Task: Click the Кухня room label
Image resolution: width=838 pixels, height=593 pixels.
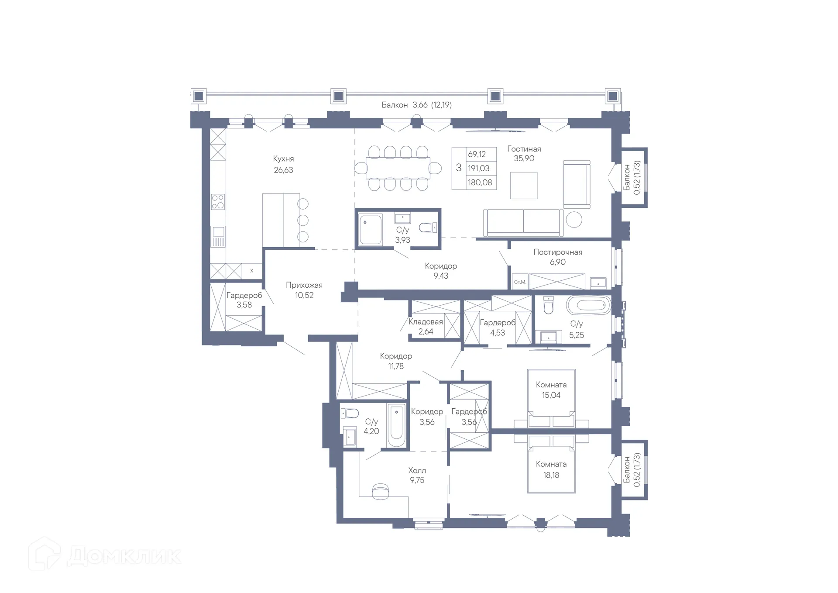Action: point(283,159)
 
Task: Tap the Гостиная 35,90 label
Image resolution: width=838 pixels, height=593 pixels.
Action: point(524,154)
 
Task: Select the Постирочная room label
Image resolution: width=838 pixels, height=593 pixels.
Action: point(558,252)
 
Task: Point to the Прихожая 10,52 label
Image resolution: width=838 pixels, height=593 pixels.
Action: point(304,290)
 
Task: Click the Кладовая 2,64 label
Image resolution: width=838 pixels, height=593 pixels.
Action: point(426,327)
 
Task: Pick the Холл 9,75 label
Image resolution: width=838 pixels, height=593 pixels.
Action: point(417,475)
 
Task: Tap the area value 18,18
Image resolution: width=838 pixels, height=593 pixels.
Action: point(551,475)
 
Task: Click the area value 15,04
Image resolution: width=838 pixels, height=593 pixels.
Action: point(551,395)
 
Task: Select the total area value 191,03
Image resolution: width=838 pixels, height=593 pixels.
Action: point(479,168)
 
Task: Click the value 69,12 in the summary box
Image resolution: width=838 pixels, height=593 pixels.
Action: point(477,154)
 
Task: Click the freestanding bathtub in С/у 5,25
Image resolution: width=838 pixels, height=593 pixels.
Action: point(588,305)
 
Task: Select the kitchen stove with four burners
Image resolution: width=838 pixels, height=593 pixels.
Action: point(218,202)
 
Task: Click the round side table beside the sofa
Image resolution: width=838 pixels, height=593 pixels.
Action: point(574,220)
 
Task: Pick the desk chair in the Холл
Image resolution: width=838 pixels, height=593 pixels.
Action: point(380,491)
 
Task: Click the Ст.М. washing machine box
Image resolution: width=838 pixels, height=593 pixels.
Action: point(520,282)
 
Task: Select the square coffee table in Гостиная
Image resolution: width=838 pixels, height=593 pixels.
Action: point(524,186)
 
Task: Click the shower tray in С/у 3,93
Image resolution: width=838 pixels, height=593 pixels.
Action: point(371,230)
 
